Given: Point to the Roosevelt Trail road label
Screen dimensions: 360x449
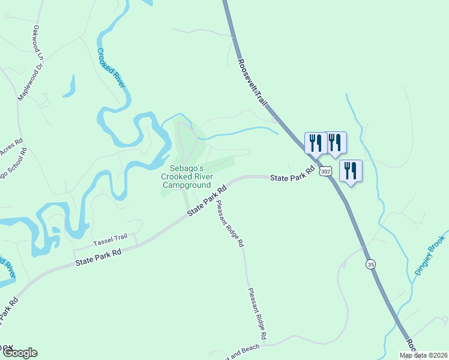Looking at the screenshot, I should tap(252, 83).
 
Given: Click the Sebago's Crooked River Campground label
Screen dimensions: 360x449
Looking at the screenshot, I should tap(186, 177).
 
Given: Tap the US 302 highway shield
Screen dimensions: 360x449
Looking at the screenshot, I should tap(325, 171).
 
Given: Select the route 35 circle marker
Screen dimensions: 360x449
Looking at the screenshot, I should tap(370, 264).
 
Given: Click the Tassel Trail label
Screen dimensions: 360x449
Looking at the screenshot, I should tap(111, 242).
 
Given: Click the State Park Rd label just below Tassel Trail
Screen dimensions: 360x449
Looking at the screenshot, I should tap(98, 258).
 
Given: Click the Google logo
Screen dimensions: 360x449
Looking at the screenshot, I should tap(19, 353).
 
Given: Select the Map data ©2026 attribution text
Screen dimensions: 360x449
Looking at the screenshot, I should tap(423, 355).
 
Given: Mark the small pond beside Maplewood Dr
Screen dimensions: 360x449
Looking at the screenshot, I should tap(70, 87).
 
